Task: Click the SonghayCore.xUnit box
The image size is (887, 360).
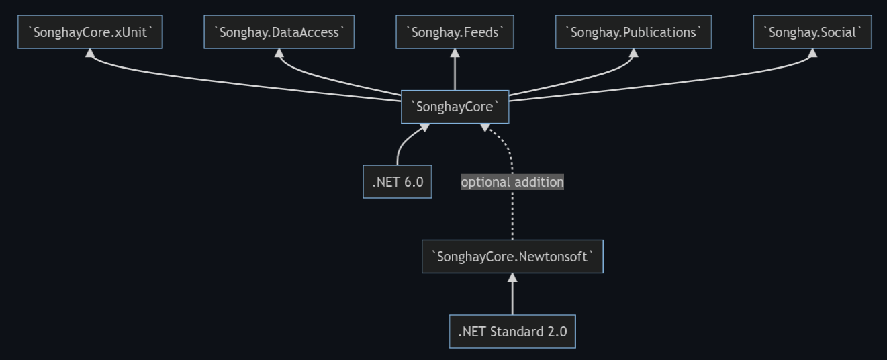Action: [90, 32]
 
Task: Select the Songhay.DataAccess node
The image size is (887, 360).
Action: [279, 32]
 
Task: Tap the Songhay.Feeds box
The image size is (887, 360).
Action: [455, 32]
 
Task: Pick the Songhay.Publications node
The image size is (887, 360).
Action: [634, 32]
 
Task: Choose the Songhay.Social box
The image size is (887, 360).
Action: [812, 32]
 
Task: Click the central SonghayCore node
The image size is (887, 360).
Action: [455, 107]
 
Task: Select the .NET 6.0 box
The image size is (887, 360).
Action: [398, 182]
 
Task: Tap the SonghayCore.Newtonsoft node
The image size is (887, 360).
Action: [513, 257]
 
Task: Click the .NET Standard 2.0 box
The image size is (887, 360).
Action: [513, 332]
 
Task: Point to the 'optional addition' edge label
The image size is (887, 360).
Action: [512, 182]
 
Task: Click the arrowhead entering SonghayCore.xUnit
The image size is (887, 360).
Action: [90, 53]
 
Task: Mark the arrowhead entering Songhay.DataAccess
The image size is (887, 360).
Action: [279, 53]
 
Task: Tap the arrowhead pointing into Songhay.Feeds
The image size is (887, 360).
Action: [455, 53]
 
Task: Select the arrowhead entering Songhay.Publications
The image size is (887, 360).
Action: [634, 53]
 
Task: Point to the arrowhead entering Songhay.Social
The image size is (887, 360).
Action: [813, 53]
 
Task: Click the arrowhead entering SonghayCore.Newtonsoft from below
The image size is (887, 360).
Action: [513, 277]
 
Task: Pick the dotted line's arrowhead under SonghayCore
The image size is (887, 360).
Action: [485, 128]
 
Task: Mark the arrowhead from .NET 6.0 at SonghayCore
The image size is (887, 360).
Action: [425, 128]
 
